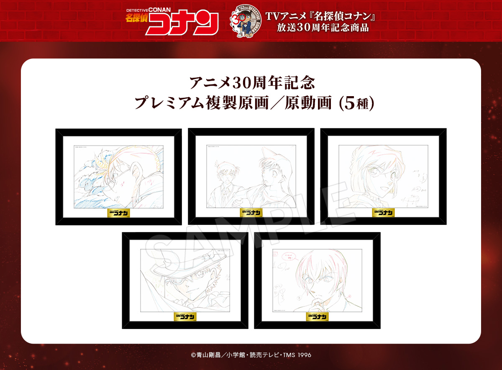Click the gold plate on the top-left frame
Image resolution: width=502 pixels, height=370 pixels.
pyautogui.click(x=118, y=212)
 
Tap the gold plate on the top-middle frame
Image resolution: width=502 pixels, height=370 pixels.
pyautogui.click(x=251, y=212)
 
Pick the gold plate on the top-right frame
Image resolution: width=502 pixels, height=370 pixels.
pyautogui.click(x=383, y=212)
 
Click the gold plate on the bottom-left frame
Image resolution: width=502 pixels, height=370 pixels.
pyautogui.click(x=185, y=316)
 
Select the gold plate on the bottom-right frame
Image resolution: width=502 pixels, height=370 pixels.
pyautogui.click(x=317, y=316)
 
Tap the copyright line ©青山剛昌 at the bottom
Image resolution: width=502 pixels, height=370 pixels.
pyautogui.click(x=251, y=355)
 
